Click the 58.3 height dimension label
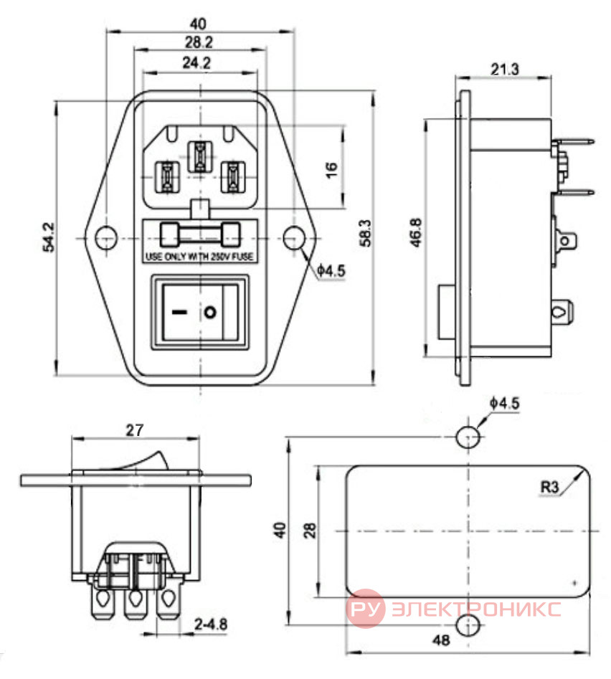tap(366, 233)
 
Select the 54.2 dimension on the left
tap(49, 237)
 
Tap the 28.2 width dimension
tap(199, 42)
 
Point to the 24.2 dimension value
tap(196, 63)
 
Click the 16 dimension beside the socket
tap(331, 169)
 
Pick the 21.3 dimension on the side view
tap(504, 69)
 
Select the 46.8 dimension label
tap(415, 232)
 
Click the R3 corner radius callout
tap(549, 487)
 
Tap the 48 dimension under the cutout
tap(441, 640)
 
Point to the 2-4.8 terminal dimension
tap(211, 624)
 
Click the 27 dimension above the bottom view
tap(134, 430)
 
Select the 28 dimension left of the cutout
tap(310, 531)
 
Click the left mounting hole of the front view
tap(105, 238)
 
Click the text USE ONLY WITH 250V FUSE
tap(199, 257)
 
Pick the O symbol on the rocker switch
tap(210, 312)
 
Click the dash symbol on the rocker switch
tap(179, 312)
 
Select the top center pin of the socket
tap(199, 157)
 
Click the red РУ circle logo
tap(366, 609)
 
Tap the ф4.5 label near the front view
tap(331, 271)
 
